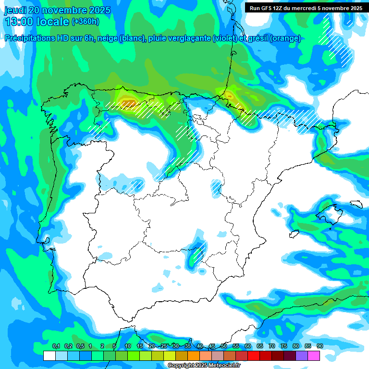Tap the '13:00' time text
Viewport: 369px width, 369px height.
click(x=21, y=22)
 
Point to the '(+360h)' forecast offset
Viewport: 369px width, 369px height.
click(x=85, y=22)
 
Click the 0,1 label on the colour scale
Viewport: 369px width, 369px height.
click(x=56, y=346)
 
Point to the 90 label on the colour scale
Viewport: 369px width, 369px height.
click(x=320, y=346)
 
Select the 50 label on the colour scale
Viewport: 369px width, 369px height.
click(x=223, y=346)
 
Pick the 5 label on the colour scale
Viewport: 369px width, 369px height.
click(x=114, y=346)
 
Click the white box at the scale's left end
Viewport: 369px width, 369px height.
click(x=49, y=356)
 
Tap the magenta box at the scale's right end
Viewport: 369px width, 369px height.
click(x=313, y=356)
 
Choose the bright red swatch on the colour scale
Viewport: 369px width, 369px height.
click(x=253, y=356)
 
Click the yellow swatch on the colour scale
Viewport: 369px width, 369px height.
click(x=169, y=356)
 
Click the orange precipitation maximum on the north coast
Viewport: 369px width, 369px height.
click(x=127, y=102)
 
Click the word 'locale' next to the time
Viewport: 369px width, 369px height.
click(x=54, y=22)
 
